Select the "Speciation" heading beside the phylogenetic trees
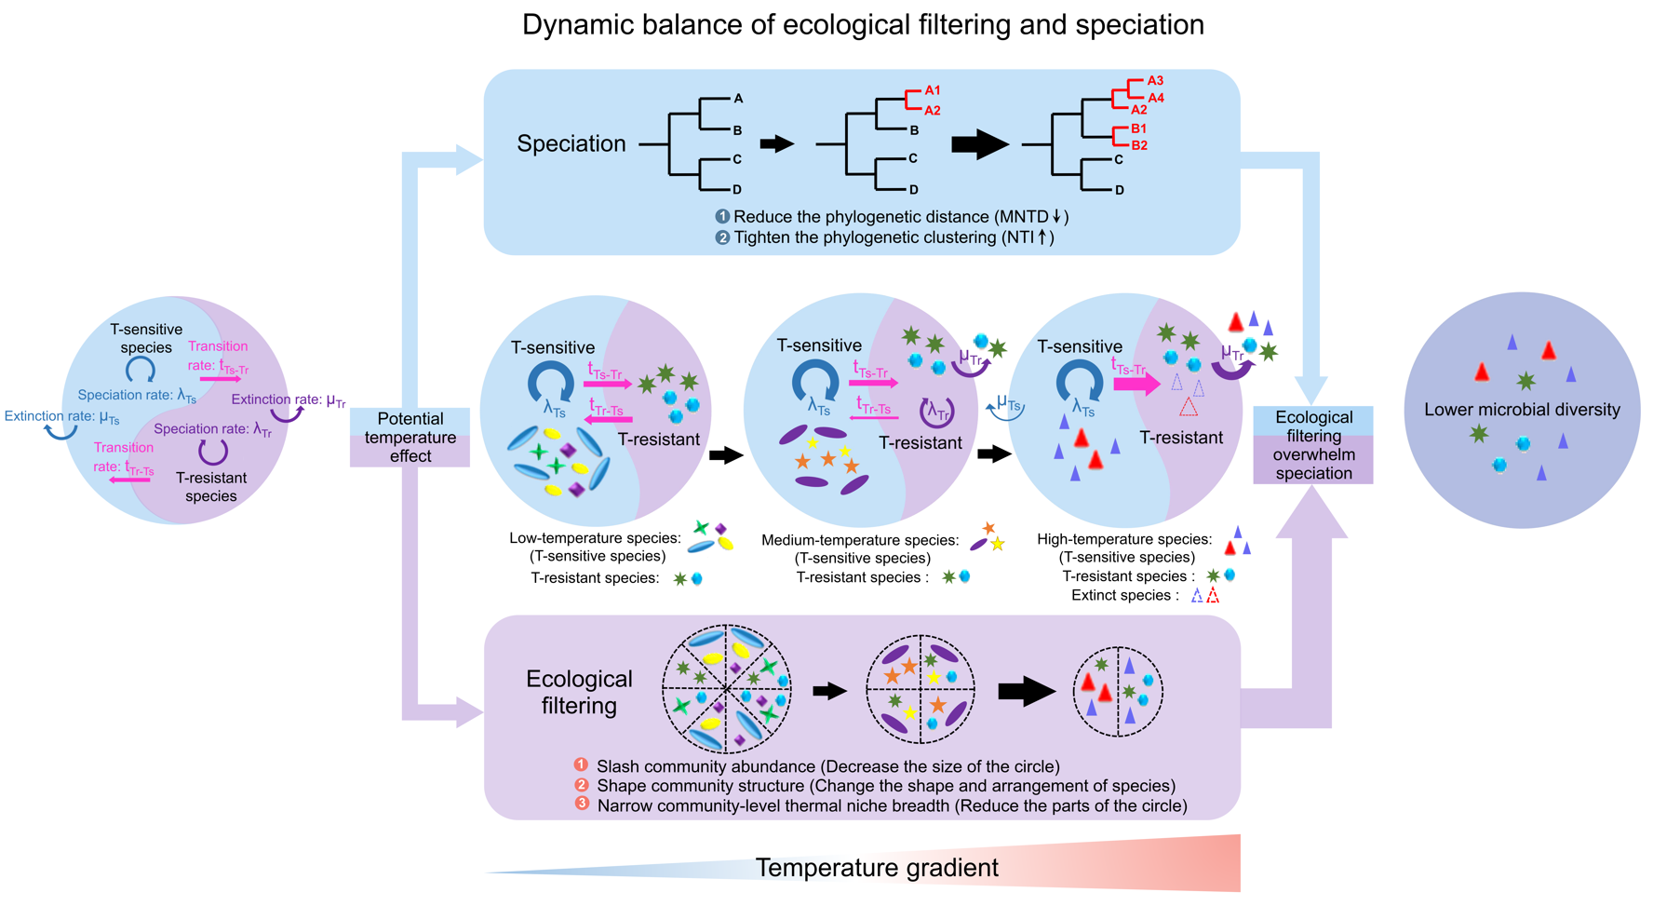click(x=571, y=143)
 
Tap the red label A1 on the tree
click(x=933, y=90)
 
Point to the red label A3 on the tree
click(x=1155, y=81)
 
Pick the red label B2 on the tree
click(x=1139, y=145)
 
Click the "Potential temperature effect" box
click(x=410, y=437)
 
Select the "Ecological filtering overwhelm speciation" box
click(x=1313, y=445)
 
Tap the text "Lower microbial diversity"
click(x=1522, y=410)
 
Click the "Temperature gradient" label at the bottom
click(x=877, y=868)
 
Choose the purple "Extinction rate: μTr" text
click(x=289, y=400)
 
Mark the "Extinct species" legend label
click(x=1121, y=595)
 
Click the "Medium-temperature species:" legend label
click(x=860, y=540)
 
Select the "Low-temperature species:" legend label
click(x=595, y=538)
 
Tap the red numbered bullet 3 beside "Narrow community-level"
click(x=582, y=803)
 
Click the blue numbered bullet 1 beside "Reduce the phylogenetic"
click(x=722, y=216)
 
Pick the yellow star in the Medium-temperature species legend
click(x=998, y=544)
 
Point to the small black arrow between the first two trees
click(x=776, y=143)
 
